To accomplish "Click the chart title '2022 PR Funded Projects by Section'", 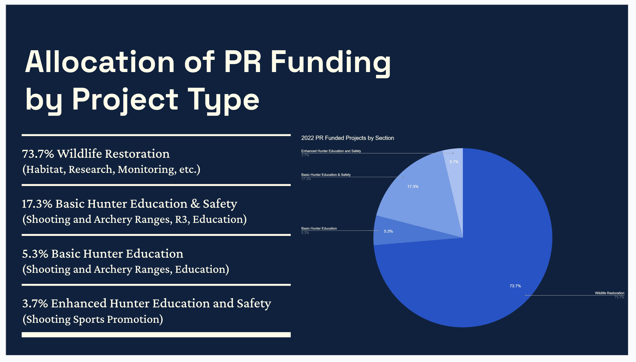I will (347, 138).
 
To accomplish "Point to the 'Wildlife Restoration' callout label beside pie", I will (609, 293).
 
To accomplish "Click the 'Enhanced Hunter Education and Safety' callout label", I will (331, 151).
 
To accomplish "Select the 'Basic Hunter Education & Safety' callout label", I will (326, 175).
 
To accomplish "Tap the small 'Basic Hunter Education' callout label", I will (319, 228).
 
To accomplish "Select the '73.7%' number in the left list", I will (38, 154).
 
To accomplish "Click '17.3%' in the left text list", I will (37, 204).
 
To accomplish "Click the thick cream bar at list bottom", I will (156, 335).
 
